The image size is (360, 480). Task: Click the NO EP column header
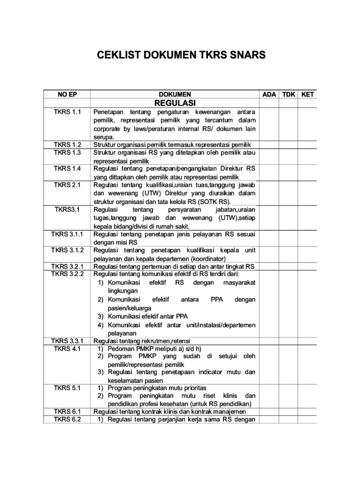(67, 94)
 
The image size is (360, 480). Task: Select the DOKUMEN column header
(174, 94)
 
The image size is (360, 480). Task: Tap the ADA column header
(269, 94)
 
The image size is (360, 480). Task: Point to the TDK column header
(288, 94)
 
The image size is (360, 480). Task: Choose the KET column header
(307, 94)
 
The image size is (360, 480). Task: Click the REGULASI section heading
(174, 103)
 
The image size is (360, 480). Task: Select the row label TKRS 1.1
(67, 112)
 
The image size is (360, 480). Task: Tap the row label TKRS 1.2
(67, 145)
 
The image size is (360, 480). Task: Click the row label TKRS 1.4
(67, 168)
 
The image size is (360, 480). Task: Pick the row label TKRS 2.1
(67, 185)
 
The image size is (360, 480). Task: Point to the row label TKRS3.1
(67, 210)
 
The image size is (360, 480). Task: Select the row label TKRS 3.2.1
(67, 266)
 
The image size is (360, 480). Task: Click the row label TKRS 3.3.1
(67, 340)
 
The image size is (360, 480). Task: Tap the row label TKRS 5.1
(67, 388)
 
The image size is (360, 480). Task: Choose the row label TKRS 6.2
(67, 420)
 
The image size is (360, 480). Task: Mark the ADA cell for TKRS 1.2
(269, 145)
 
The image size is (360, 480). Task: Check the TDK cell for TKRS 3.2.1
(288, 266)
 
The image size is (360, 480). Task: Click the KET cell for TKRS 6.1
(307, 412)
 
